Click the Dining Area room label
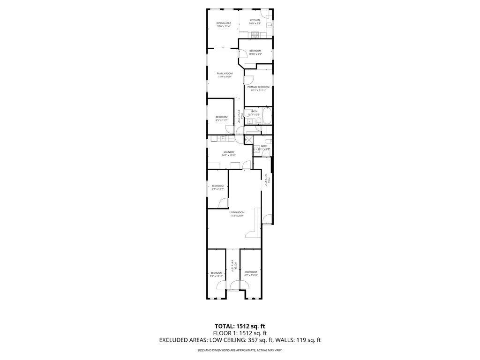click(x=224, y=23)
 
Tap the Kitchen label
click(x=255, y=20)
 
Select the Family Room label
click(x=225, y=74)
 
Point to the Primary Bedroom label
click(x=258, y=87)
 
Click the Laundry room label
click(x=229, y=152)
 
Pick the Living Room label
click(x=237, y=212)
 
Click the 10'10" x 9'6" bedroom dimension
click(x=255, y=54)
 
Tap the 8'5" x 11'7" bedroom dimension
click(x=221, y=120)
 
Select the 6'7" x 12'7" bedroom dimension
click(x=217, y=189)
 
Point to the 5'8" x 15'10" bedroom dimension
click(x=217, y=276)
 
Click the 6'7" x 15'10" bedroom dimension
click(x=251, y=275)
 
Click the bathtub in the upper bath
click(x=267, y=116)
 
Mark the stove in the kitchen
click(x=255, y=34)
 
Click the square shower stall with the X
click(x=248, y=140)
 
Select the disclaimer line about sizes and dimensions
click(x=240, y=350)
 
